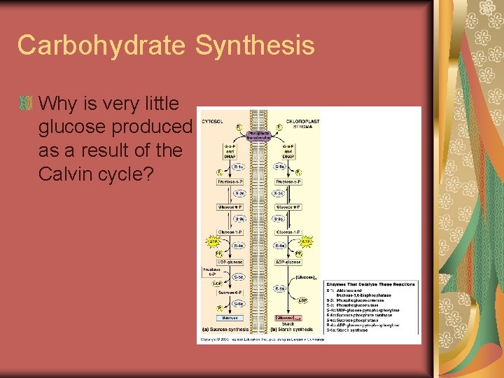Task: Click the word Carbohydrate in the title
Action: pyautogui.click(x=101, y=45)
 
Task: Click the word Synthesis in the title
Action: pyautogui.click(x=255, y=45)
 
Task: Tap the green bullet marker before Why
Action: pyautogui.click(x=26, y=104)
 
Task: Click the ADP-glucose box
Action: pyautogui.click(x=288, y=262)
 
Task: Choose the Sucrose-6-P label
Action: pyautogui.click(x=230, y=291)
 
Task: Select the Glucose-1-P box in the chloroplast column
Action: pyautogui.click(x=288, y=231)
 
